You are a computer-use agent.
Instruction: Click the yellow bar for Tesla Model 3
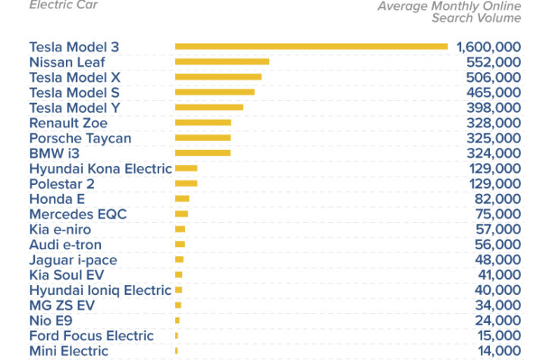[x=312, y=47]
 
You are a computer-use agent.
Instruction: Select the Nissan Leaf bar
[x=222, y=62]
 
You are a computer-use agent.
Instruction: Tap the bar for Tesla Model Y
[x=209, y=108]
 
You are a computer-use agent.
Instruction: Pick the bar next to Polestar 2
[x=187, y=183]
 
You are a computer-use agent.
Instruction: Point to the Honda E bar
[x=182, y=199]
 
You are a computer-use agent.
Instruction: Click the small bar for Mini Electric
[x=177, y=351]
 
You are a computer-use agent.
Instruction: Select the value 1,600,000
[x=488, y=47]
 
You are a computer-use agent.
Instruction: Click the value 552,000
[x=494, y=62]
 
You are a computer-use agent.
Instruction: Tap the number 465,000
[x=494, y=92]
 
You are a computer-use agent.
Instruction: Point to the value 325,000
[x=494, y=138]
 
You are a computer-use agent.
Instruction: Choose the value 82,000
[x=497, y=199]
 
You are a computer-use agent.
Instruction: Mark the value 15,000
[x=499, y=336]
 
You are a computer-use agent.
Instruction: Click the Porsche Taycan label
[x=80, y=139]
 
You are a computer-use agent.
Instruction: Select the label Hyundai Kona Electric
[x=101, y=169]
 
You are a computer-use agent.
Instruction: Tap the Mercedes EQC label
[x=78, y=214]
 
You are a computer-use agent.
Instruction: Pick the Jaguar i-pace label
[x=74, y=261]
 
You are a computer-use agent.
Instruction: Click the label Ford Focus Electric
[x=92, y=336]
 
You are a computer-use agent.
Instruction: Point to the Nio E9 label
[x=52, y=321]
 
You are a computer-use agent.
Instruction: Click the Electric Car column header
[x=64, y=5]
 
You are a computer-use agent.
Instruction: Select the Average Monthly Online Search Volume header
[x=449, y=12]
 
